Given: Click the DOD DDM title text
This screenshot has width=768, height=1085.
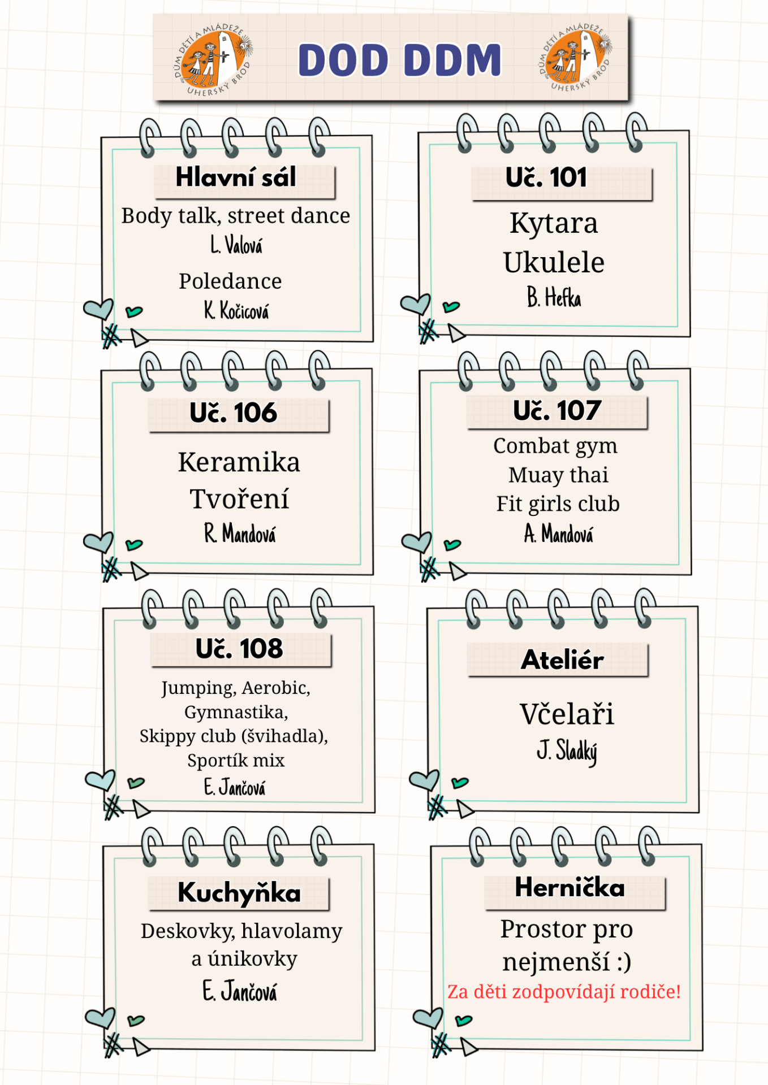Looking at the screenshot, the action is click(x=400, y=60).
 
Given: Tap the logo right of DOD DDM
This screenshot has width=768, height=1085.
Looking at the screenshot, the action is click(x=575, y=58).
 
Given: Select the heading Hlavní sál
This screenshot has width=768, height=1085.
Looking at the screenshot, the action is click(x=236, y=177).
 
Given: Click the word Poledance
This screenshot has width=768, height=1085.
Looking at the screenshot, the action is click(x=230, y=281).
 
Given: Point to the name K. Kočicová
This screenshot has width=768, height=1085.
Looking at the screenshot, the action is click(x=236, y=310).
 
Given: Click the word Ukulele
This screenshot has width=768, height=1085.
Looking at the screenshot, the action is click(x=554, y=262).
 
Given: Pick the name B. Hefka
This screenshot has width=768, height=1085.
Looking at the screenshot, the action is click(x=554, y=297).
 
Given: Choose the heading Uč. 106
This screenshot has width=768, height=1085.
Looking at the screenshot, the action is click(x=234, y=413).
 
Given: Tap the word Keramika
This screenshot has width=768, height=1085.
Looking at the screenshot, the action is click(x=239, y=462).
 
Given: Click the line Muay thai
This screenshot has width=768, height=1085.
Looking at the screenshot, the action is click(x=558, y=475).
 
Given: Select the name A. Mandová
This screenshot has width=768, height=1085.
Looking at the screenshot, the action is click(x=559, y=533).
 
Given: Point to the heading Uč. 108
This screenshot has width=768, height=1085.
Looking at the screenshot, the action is click(x=239, y=648).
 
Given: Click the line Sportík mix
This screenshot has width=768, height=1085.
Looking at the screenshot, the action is click(x=236, y=761).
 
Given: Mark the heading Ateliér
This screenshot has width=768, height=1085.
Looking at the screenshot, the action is click(x=562, y=659).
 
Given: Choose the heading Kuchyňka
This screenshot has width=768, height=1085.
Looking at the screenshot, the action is click(x=239, y=893).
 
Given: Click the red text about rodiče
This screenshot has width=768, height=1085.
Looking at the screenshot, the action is click(x=564, y=992).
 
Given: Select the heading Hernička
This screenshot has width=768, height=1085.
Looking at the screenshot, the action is click(x=569, y=887).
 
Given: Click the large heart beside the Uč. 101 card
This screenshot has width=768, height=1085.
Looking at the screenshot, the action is click(x=416, y=304).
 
